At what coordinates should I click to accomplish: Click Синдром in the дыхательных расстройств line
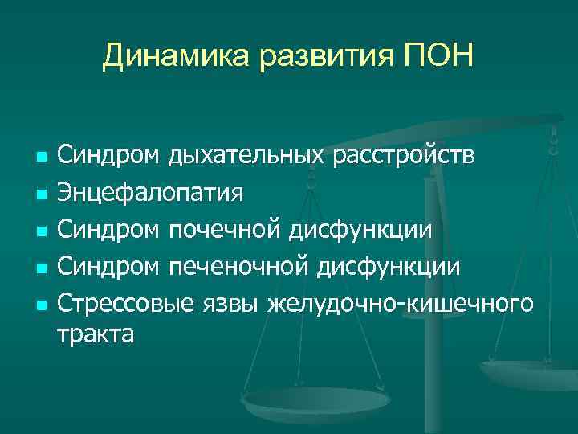coord(108,154)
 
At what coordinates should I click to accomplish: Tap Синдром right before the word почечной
coord(108,230)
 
